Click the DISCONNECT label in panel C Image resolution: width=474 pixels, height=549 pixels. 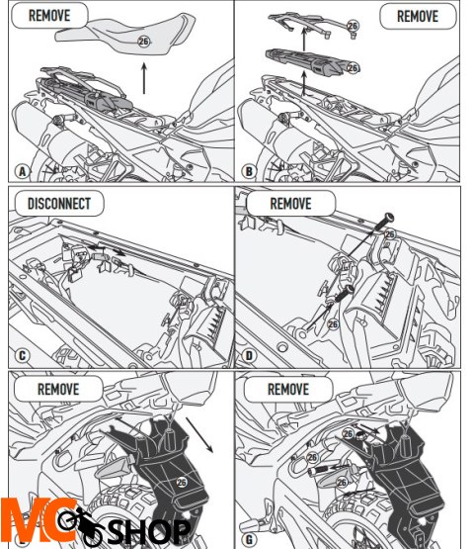58,204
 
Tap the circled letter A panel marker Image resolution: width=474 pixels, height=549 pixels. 23,171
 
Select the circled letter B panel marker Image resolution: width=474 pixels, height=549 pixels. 249,171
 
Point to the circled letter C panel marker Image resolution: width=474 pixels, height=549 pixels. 22,356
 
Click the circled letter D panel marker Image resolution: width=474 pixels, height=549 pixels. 249,356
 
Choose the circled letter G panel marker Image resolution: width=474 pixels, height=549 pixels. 249,539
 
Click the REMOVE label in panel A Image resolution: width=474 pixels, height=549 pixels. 49,16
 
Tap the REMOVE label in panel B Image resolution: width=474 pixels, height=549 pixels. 418,16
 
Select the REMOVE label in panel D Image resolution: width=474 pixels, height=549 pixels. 290,204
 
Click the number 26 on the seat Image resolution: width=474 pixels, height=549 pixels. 143,42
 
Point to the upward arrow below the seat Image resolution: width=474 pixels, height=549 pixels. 144,78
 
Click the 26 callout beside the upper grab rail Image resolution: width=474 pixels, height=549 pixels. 353,26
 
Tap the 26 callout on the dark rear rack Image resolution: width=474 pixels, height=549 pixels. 353,67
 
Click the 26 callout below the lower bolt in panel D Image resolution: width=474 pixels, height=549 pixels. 333,323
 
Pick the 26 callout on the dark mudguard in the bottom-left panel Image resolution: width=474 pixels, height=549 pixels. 182,483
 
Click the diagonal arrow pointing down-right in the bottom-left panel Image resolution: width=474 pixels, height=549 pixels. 198,434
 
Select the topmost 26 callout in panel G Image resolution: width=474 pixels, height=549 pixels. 348,434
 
